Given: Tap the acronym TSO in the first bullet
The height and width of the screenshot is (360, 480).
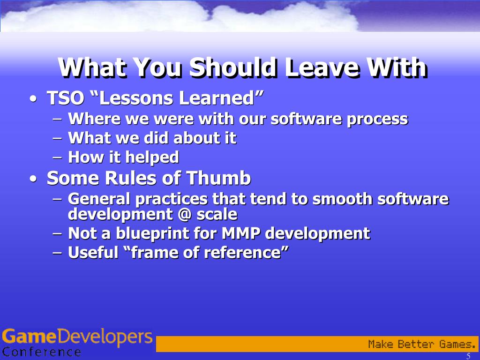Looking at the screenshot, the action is tap(66, 98).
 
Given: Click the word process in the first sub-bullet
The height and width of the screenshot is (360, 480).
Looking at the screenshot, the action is tap(377, 119).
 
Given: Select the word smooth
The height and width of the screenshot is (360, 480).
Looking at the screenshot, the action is tap(342, 199).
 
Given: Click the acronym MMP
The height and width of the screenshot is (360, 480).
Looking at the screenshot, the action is tap(241, 233).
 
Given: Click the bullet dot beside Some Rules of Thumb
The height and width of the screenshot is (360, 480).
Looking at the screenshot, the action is tap(33, 179).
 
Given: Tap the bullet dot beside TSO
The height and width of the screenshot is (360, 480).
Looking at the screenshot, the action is tap(33, 99).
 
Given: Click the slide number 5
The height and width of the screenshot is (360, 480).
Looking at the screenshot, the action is tap(468, 356).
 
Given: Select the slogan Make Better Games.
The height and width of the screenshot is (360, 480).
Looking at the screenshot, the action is tap(422, 344).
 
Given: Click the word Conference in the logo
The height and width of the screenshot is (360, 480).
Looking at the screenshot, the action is tap(42, 352).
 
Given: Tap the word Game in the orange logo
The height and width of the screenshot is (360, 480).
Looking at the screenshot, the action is tap(30, 337).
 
